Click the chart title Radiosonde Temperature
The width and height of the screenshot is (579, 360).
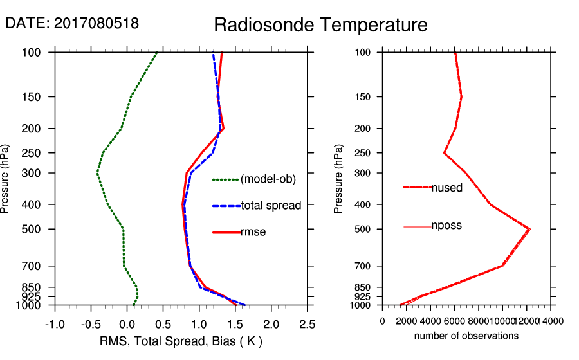[320, 25]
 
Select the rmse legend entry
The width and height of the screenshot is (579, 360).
[253, 232]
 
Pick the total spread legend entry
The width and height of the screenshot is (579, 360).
[271, 206]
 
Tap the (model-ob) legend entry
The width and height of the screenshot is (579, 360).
[268, 179]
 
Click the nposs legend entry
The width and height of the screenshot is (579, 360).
[446, 226]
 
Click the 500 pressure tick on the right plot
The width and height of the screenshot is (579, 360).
[363, 229]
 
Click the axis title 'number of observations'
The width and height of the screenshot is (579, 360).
[466, 336]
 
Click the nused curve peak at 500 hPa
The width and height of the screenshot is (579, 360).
[529, 229]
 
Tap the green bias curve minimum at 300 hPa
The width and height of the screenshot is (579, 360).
[97, 173]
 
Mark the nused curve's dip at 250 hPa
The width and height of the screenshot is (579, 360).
[444, 152]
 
